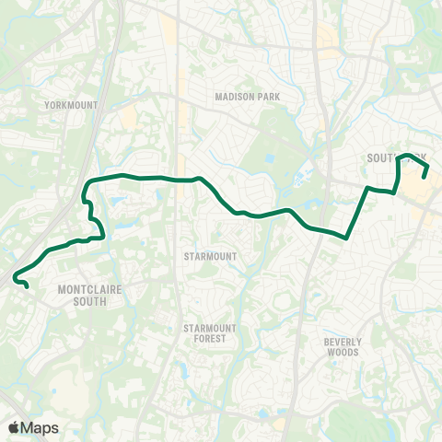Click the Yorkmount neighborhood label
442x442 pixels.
[x=71, y=105]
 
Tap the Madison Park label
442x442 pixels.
[x=246, y=96]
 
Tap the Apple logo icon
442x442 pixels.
[x=14, y=427]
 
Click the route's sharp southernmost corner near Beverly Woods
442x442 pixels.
[x=346, y=237]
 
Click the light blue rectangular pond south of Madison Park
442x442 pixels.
[x=269, y=157]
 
